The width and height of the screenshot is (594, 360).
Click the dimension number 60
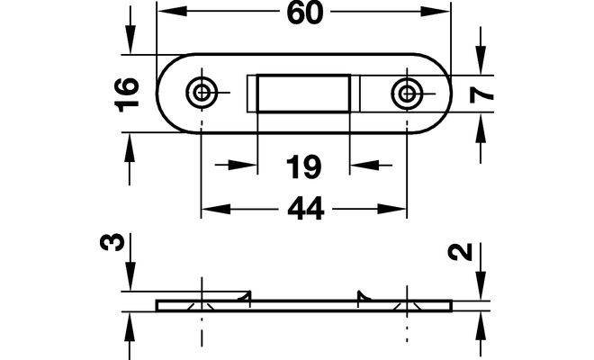click(x=305, y=13)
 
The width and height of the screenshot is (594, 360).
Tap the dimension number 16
click(x=127, y=94)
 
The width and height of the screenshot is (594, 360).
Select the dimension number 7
click(x=481, y=94)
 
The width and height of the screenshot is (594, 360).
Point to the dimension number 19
click(x=304, y=166)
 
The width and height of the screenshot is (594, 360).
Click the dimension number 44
click(x=305, y=208)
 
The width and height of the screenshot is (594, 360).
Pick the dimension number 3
click(x=112, y=242)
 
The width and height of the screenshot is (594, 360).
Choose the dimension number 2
click(x=460, y=252)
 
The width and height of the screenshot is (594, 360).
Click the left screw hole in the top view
click(x=202, y=92)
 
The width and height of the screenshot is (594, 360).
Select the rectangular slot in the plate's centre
click(x=303, y=94)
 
